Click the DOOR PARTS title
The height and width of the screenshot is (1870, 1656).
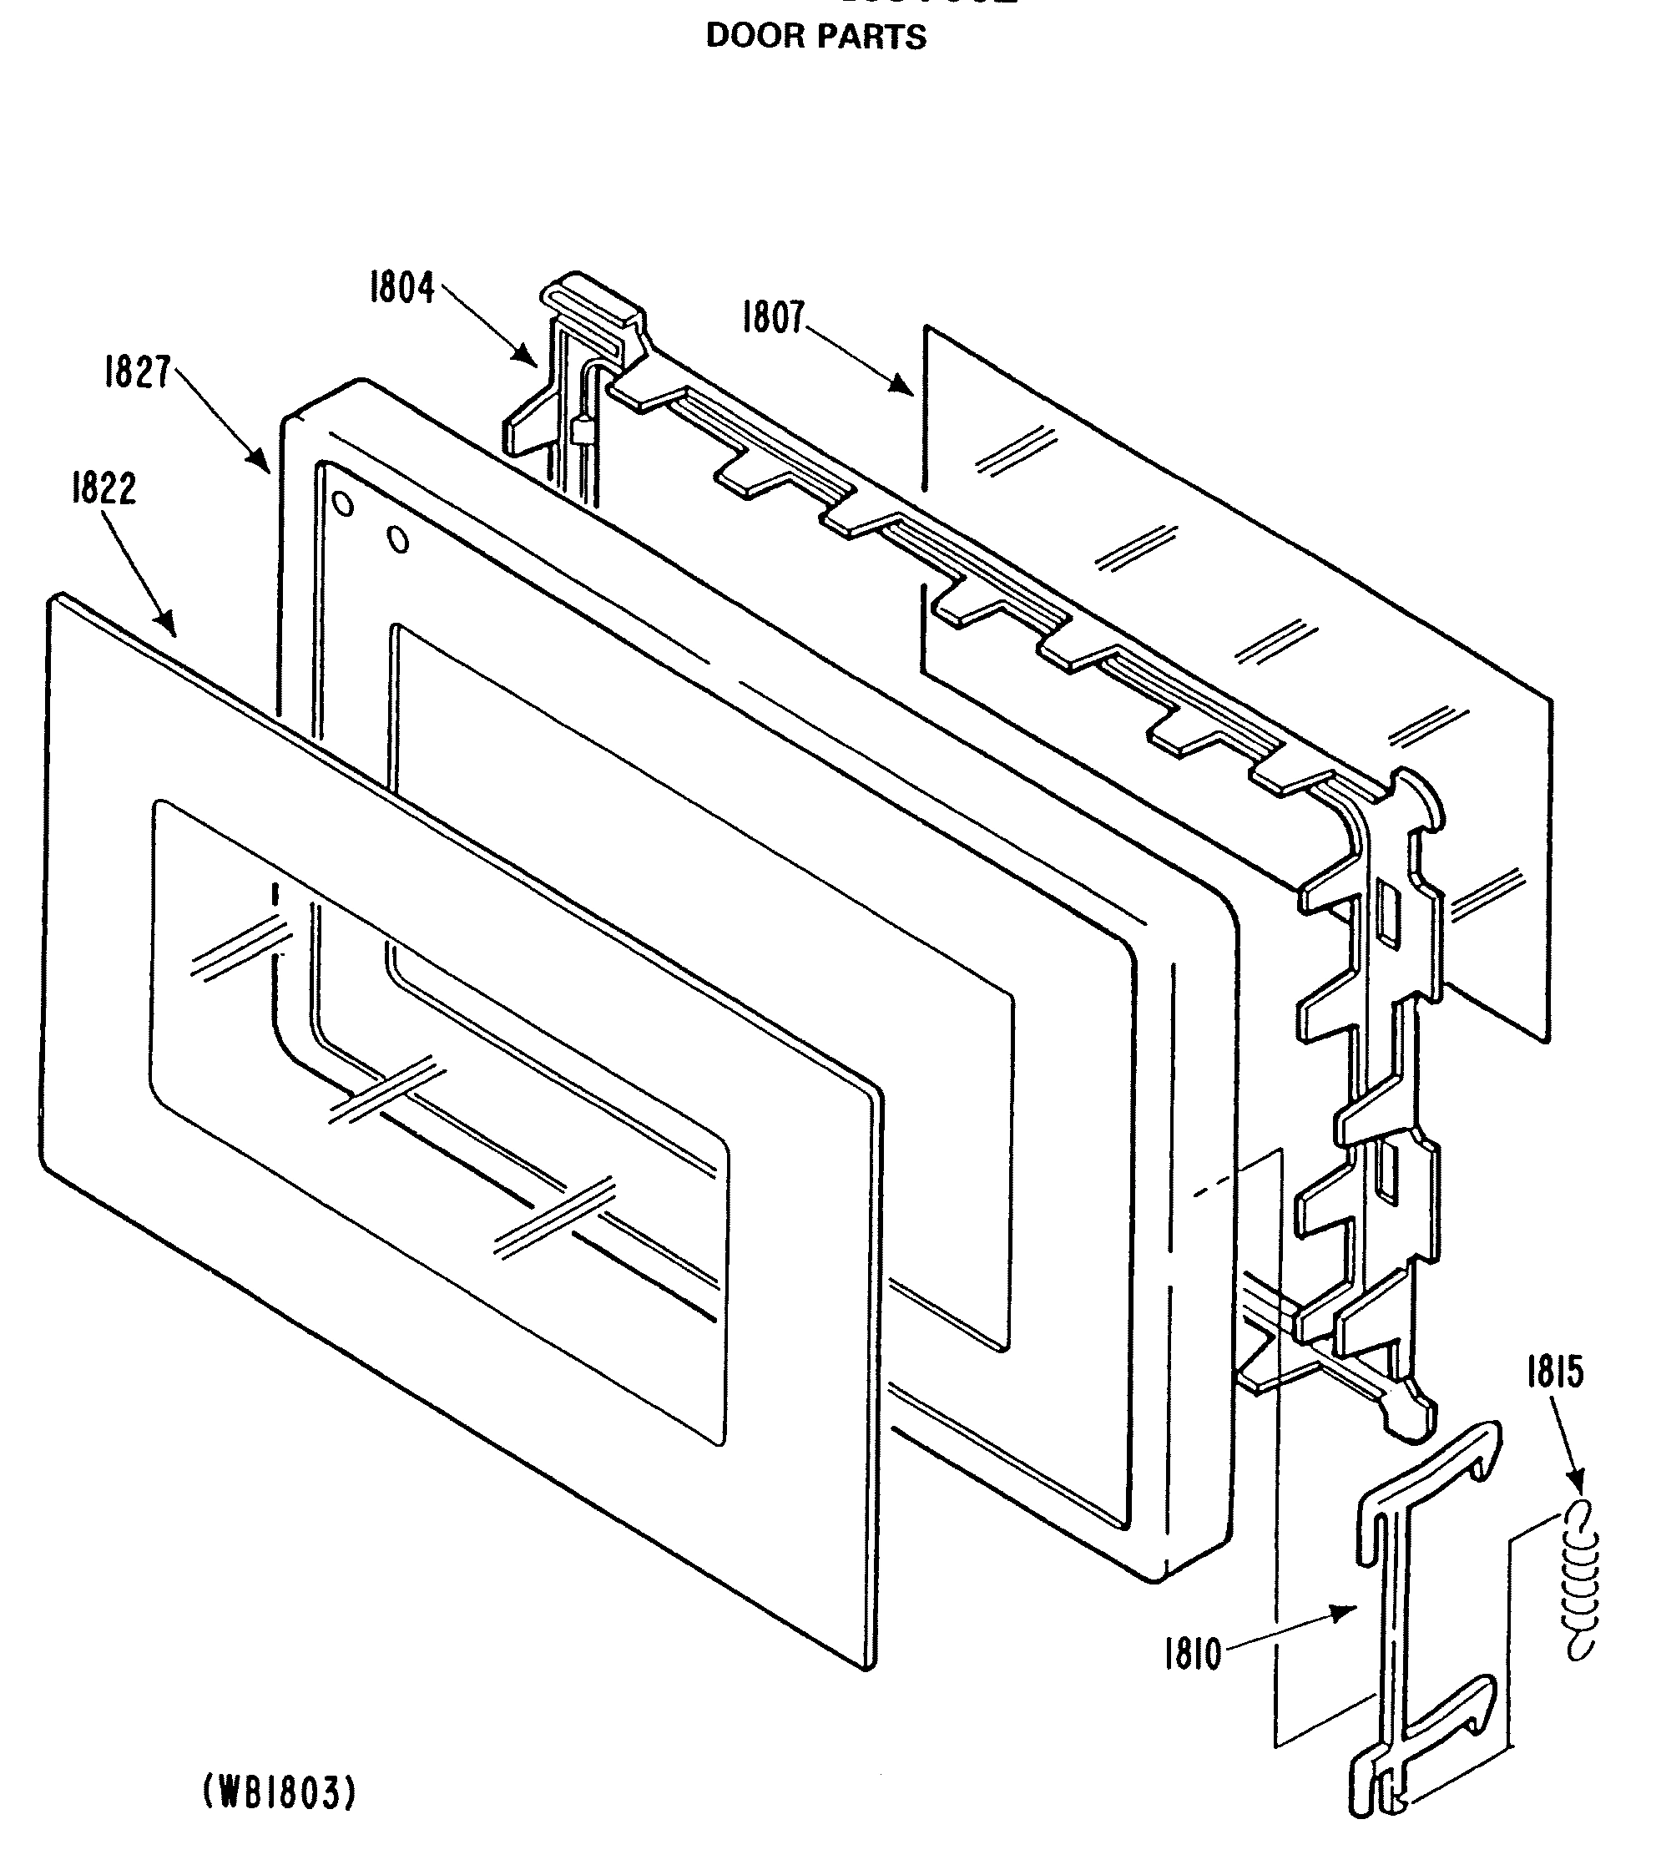click(x=816, y=38)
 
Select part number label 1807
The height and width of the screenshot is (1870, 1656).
click(x=774, y=319)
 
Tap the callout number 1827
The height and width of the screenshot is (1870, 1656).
click(x=137, y=373)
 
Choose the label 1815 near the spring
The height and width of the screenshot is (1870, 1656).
click(x=1554, y=1373)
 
